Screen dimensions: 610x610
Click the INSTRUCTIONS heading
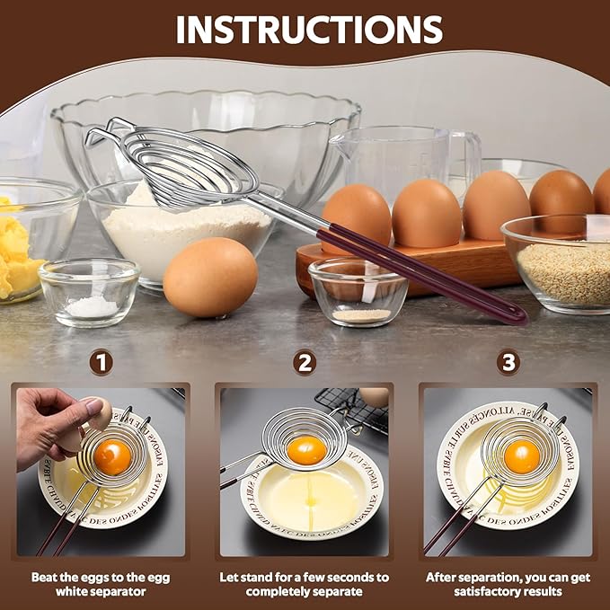(x=309, y=30)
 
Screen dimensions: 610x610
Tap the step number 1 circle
(x=102, y=362)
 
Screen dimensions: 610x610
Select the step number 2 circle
(x=305, y=362)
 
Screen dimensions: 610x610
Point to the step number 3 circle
(x=508, y=362)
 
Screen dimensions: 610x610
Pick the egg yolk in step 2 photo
(x=307, y=449)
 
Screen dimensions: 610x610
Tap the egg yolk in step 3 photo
(x=521, y=456)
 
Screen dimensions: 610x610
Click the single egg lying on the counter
(x=210, y=277)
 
